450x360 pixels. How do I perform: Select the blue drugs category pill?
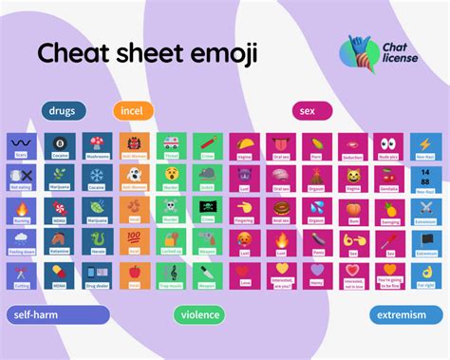point(64,111)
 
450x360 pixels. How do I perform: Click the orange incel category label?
point(133,111)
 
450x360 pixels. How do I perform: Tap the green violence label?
point(200,314)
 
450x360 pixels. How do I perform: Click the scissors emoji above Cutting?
point(21,274)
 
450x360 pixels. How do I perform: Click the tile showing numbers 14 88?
point(426,178)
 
